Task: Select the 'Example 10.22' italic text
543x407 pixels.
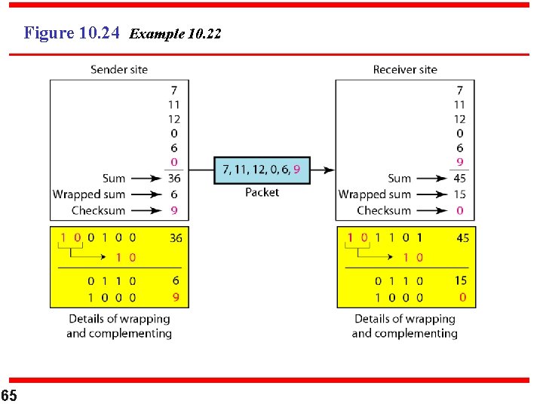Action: [175, 34]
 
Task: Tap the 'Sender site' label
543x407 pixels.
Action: [119, 70]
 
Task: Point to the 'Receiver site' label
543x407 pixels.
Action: [405, 70]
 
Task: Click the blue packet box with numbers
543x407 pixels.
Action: [262, 170]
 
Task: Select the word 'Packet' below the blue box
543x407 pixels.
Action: [262, 193]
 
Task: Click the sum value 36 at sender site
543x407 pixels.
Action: [173, 179]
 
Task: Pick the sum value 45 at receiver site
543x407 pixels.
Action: [459, 179]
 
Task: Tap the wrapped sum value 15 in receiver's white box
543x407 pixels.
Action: [459, 194]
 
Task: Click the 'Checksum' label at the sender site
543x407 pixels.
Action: [98, 211]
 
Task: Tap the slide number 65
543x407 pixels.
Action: [9, 396]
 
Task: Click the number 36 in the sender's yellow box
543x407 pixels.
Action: [176, 238]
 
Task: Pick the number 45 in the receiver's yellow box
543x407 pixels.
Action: [462, 238]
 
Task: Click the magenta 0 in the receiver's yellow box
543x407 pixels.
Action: [462, 298]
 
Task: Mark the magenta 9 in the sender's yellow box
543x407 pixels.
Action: [176, 298]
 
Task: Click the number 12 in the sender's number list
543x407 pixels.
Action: [173, 119]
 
